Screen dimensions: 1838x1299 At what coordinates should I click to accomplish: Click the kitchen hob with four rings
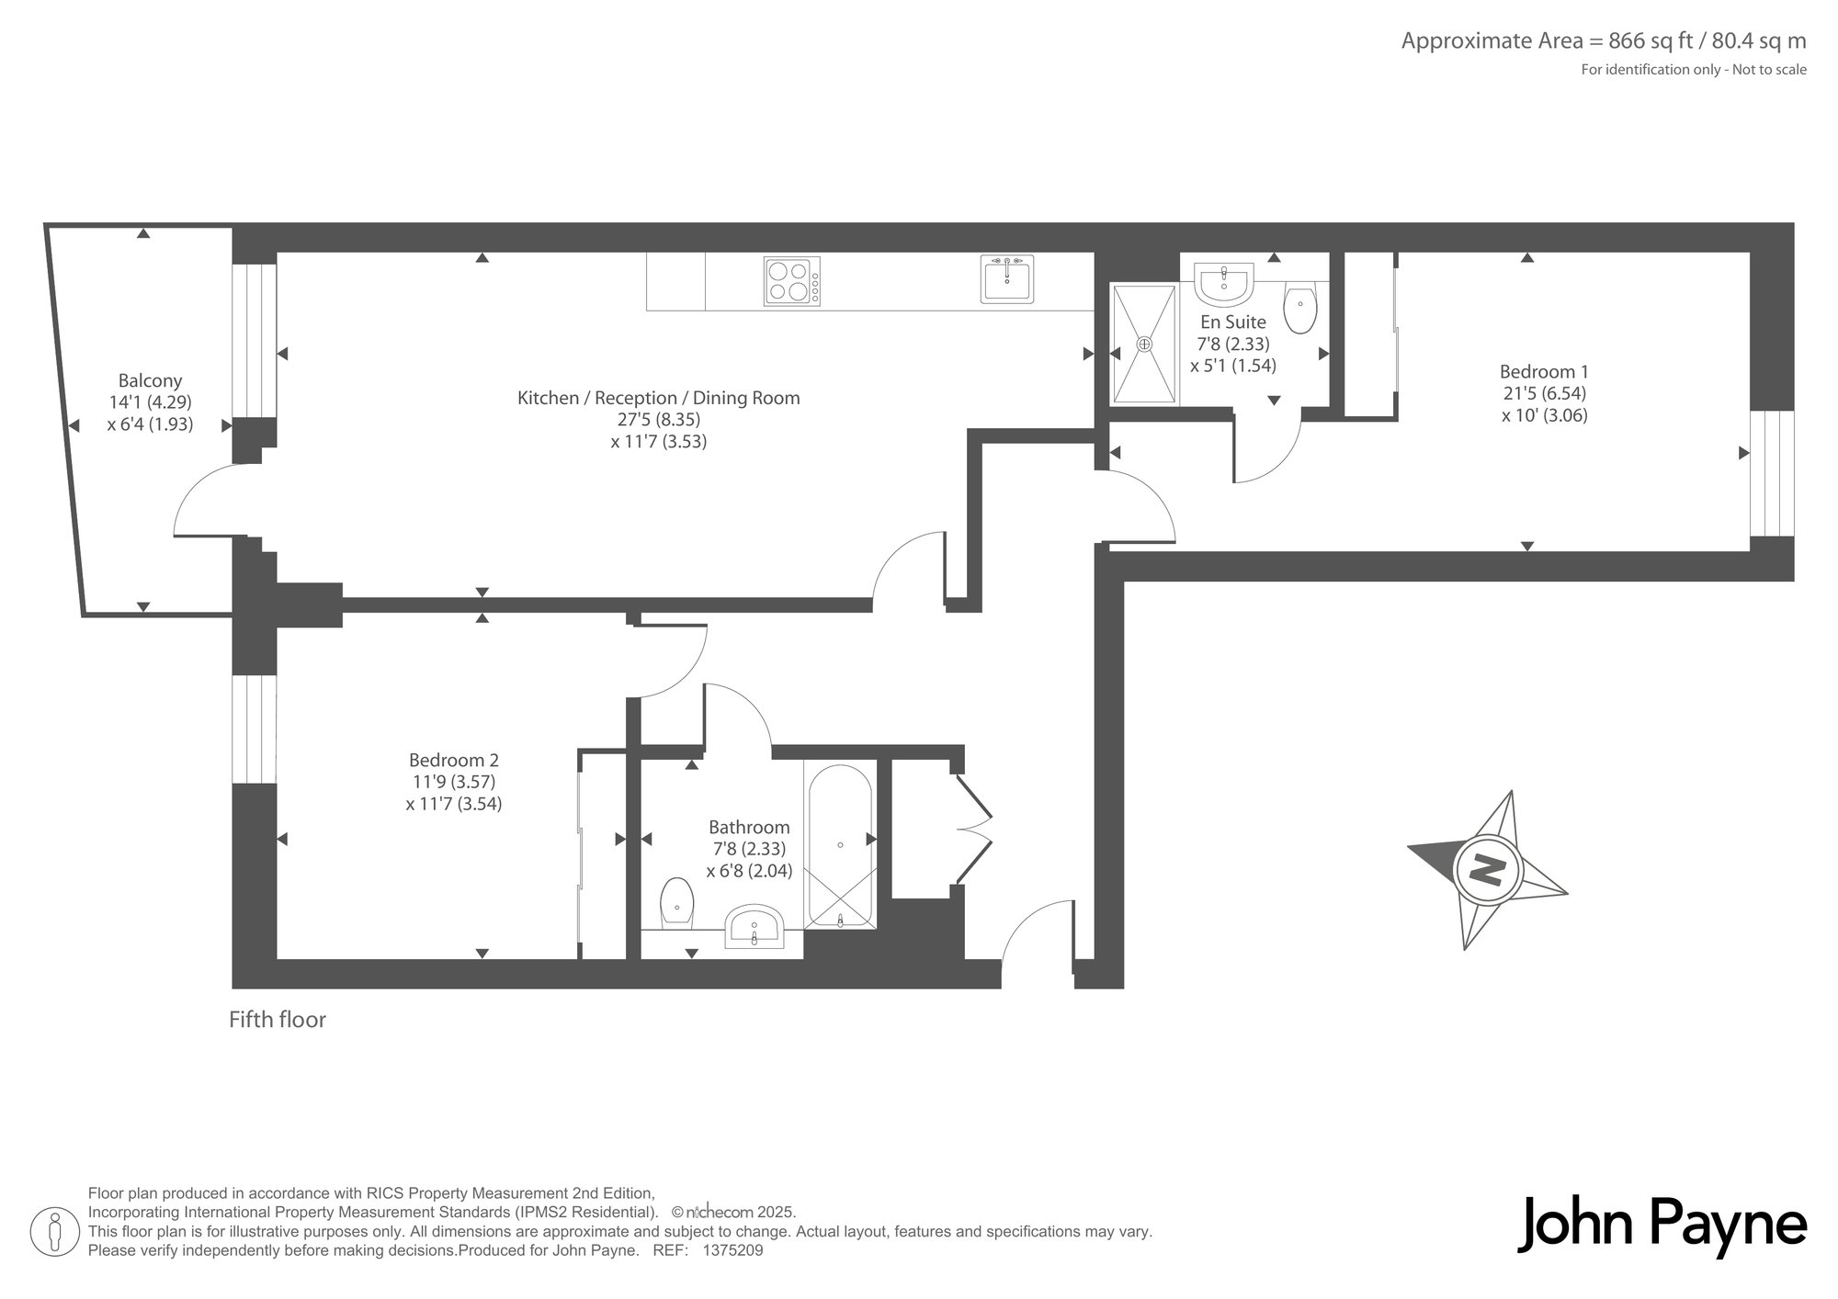pos(791,280)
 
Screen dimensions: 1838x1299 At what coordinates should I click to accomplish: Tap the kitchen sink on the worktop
pos(1007,278)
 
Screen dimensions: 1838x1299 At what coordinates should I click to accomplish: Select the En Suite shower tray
pos(1144,344)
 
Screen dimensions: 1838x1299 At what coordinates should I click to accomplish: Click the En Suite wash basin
pos(1223,284)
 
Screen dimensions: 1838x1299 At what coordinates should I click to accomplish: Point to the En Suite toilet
pos(1299,308)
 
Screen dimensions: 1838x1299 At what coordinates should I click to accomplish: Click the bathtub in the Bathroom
pos(840,844)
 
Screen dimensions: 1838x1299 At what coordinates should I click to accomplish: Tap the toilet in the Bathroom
pos(677,904)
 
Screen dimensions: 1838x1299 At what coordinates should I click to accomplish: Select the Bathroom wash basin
pos(754,927)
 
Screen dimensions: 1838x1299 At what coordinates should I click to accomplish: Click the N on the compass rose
pos(1486,868)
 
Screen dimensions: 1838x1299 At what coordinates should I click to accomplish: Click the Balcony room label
pos(150,380)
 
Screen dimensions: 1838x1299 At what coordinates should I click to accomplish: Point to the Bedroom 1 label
pos(1544,372)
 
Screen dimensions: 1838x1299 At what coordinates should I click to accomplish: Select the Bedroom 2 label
pos(454,761)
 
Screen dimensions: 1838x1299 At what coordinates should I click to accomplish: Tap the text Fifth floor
pos(278,1020)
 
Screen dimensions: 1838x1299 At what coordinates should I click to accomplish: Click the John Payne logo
pos(1662,1224)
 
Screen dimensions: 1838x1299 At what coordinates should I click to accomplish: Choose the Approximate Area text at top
pos(1604,41)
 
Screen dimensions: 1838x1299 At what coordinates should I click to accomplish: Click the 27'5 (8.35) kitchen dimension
pos(659,420)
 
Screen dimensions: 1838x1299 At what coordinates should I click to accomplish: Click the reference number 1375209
pos(732,1250)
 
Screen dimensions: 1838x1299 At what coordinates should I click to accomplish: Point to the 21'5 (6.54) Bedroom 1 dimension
pos(1545,393)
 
